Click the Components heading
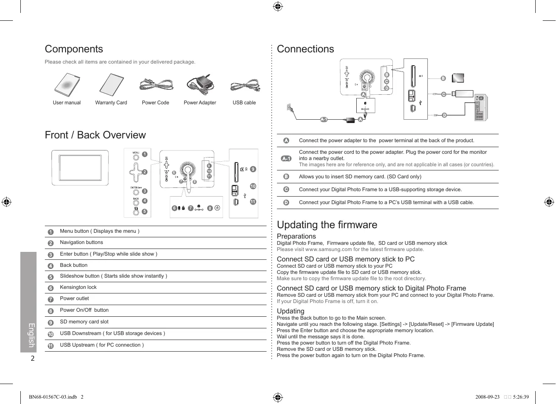click(74, 49)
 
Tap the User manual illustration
click(67, 85)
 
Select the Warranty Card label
click(111, 103)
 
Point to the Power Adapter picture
click(200, 85)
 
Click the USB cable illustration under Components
click(245, 86)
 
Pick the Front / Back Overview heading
click(95, 135)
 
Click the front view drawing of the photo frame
click(80, 168)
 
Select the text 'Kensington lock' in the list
click(78, 287)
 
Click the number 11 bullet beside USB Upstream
click(51, 346)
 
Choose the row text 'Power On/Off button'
click(84, 310)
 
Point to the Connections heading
click(305, 49)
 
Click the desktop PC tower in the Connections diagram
click(481, 108)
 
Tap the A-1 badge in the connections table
click(286, 158)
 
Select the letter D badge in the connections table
click(286, 202)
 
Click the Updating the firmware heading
click(327, 225)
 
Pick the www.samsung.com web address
click(328, 249)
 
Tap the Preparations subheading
click(296, 236)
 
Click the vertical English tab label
click(31, 335)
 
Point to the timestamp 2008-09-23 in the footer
click(487, 397)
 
